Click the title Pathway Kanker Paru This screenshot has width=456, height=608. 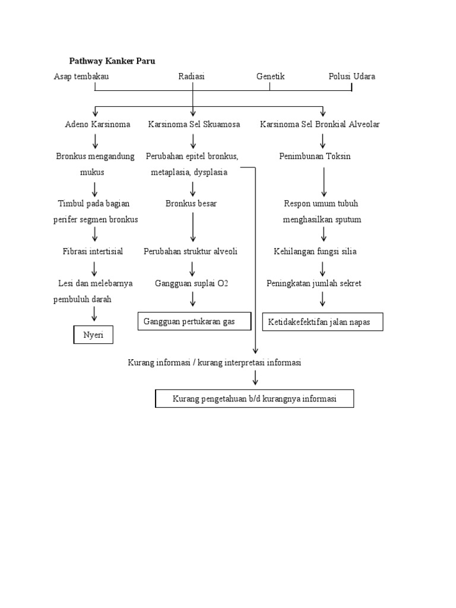point(112,61)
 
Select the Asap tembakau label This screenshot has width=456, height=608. point(81,77)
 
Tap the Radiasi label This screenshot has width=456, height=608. point(192,77)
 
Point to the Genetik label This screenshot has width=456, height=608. point(270,77)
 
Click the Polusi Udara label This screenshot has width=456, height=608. point(351,77)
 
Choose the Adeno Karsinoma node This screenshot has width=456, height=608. point(97,125)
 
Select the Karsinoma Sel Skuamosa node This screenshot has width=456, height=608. point(194,125)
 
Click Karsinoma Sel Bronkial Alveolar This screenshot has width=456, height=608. point(320,125)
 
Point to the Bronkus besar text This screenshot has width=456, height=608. point(191,204)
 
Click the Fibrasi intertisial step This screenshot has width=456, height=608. point(93,252)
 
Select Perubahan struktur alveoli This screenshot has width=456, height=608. point(191,252)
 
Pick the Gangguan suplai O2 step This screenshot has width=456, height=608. point(191,284)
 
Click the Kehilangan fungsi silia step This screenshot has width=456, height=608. point(315,252)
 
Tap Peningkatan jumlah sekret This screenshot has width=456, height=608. point(313,284)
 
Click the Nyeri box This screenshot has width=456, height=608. point(93,335)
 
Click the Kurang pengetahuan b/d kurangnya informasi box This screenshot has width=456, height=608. point(254,399)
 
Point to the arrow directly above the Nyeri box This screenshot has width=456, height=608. point(94,314)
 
